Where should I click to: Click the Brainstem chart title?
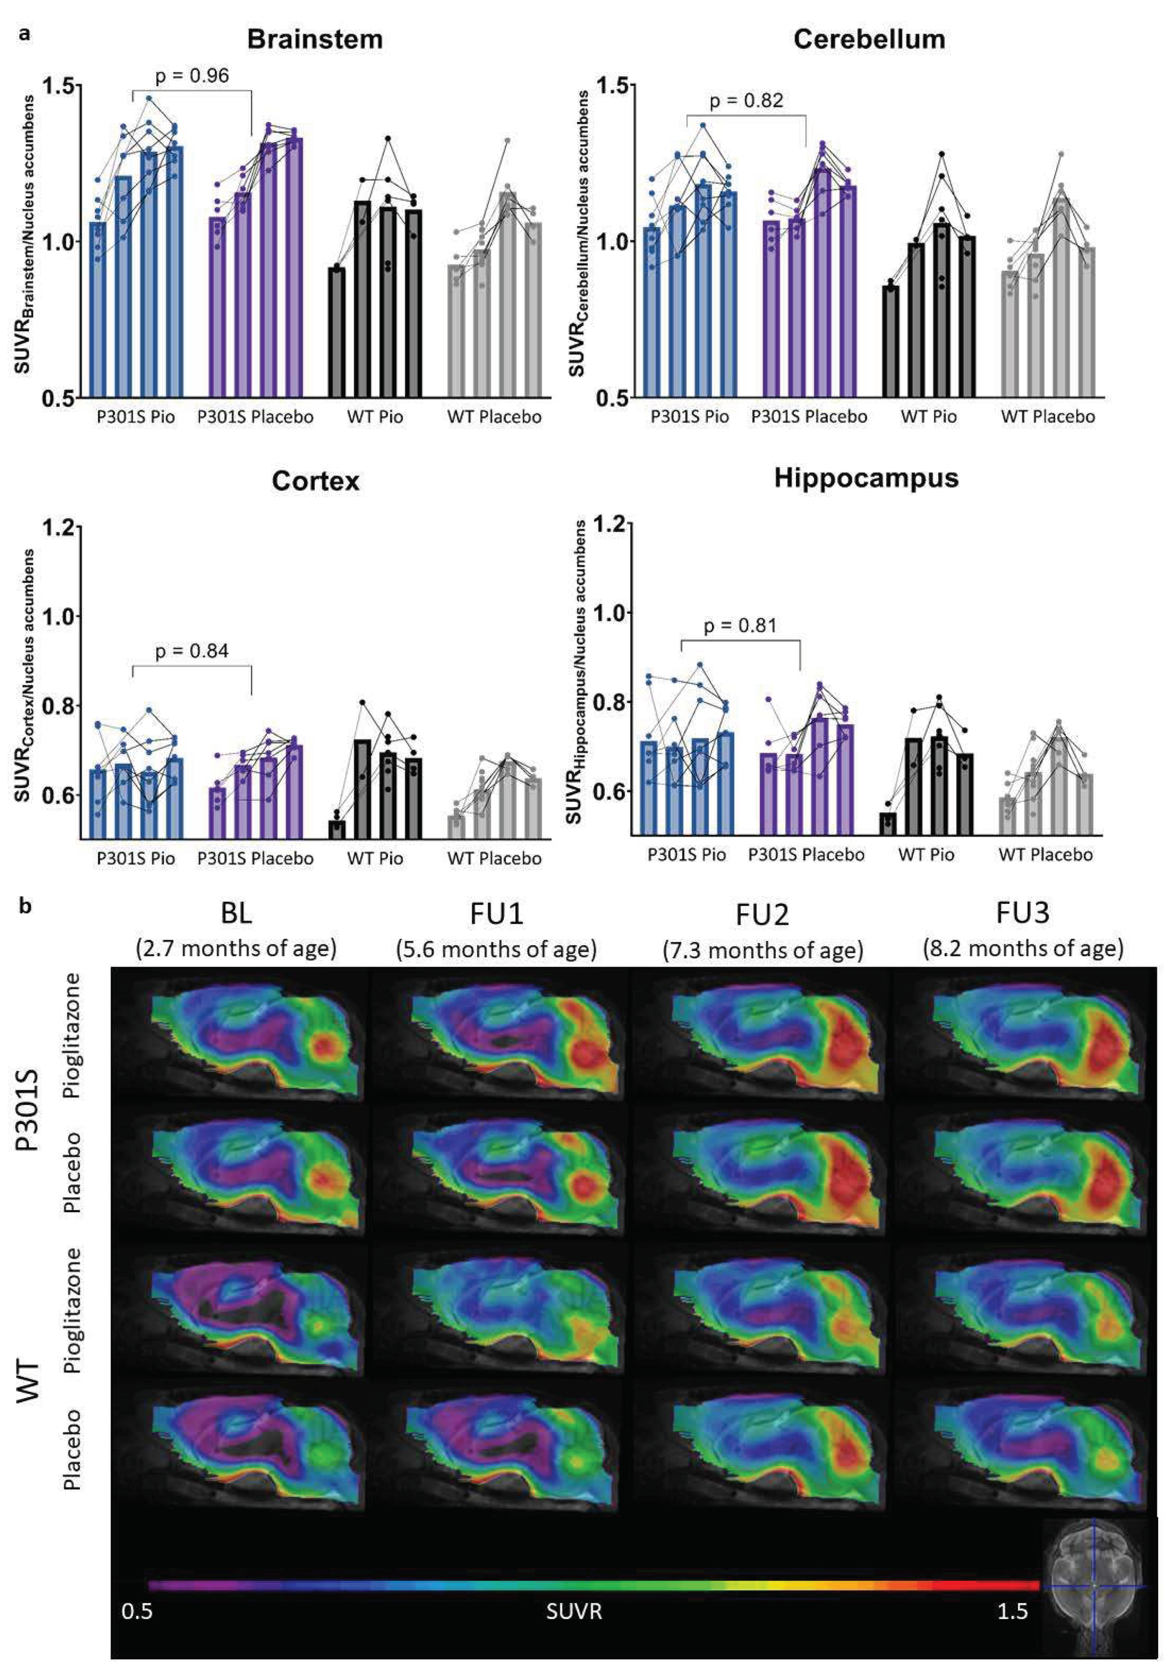click(315, 39)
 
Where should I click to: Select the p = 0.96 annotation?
click(192, 76)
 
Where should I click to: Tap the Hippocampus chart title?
click(866, 478)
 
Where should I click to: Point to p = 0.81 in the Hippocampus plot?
click(740, 625)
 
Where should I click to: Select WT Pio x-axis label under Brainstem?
click(375, 417)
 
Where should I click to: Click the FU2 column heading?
click(762, 914)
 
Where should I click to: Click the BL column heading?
click(236, 913)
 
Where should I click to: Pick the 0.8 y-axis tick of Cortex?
click(60, 706)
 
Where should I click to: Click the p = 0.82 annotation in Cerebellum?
click(746, 101)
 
